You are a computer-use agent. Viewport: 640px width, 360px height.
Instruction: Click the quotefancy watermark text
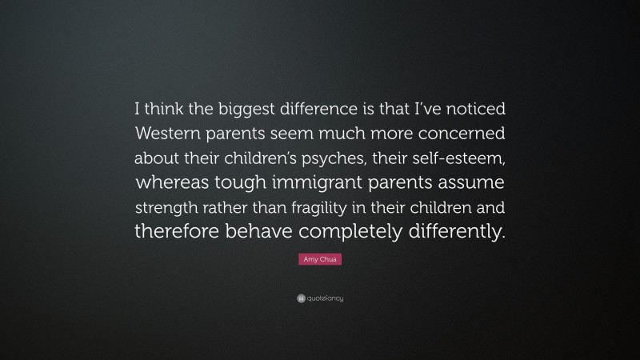coord(324,298)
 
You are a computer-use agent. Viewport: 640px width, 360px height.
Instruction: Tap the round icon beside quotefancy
coord(301,298)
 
